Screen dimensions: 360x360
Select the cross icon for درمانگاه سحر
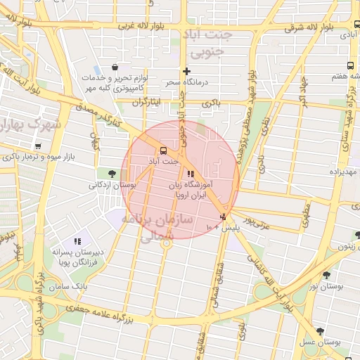[186, 71]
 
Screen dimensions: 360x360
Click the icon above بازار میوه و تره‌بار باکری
[37, 146]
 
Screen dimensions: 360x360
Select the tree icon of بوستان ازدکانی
[111, 174]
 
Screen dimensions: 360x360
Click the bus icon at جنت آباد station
[163, 150]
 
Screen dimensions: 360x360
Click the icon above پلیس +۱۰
[224, 217]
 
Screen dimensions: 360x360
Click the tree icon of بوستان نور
[326, 275]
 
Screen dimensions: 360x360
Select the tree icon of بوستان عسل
[321, 330]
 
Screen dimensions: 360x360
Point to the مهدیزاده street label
[345, 172]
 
